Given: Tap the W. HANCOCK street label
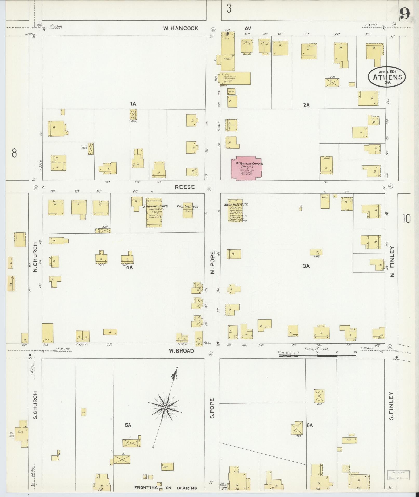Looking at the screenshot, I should (181, 29).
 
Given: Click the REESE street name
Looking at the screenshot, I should (184, 187).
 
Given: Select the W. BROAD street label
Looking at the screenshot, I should (181, 351).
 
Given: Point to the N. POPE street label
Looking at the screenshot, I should (212, 262).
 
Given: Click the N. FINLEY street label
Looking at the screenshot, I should (393, 262).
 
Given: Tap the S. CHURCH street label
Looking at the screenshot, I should (36, 409).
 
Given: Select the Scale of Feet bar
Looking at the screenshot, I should (318, 355).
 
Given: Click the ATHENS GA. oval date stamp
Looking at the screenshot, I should (387, 77).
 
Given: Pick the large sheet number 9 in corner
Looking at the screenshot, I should (405, 13).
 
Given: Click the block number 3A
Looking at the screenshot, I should (306, 266).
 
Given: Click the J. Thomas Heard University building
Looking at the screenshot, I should (154, 213).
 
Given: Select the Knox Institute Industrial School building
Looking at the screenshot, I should (188, 210).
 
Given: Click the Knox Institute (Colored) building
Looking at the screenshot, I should (233, 212).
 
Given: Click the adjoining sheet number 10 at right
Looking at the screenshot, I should (407, 219).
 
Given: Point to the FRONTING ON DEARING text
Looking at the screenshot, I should (165, 488).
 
